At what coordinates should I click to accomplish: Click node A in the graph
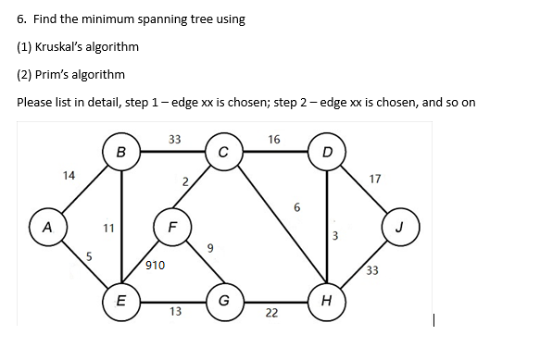[x=44, y=225]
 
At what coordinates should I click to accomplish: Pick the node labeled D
[x=327, y=150]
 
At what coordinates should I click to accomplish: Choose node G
[x=224, y=301]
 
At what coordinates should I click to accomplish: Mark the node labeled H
[x=327, y=301]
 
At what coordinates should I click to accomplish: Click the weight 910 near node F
[x=155, y=266]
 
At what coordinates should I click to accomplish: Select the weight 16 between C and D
[x=273, y=139]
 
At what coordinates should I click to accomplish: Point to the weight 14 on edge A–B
[x=68, y=175]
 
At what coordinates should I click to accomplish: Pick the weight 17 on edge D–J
[x=374, y=178]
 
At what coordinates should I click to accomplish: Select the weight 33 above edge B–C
[x=174, y=140]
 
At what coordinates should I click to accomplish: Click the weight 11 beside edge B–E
[x=107, y=225]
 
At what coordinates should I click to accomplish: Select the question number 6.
[x=21, y=19]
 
